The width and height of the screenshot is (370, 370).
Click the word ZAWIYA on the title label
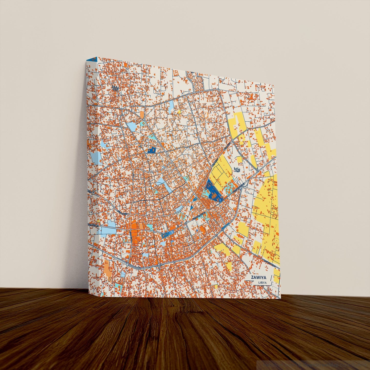[259, 277]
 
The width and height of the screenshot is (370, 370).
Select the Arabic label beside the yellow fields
[237, 170]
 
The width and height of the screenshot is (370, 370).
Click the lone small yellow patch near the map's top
[179, 112]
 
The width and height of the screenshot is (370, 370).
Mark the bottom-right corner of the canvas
[280, 298]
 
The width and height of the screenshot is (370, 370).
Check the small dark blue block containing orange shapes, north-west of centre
[152, 150]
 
